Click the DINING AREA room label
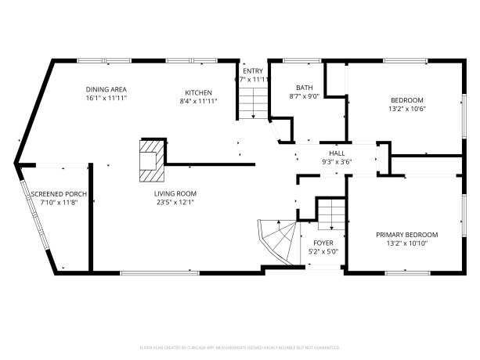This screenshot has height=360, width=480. click(x=106, y=89)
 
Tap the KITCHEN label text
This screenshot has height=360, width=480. click(x=198, y=91)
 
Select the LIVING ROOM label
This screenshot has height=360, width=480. click(x=175, y=193)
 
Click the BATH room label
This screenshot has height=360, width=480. click(x=304, y=88)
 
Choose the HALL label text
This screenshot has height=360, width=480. click(x=337, y=153)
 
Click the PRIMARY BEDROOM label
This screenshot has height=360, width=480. click(x=406, y=235)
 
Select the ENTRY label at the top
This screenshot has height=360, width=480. click(x=253, y=70)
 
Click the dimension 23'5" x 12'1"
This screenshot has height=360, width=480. click(x=175, y=202)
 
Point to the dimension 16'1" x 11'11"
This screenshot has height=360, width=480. click(x=106, y=99)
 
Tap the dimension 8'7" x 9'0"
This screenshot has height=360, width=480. click(x=304, y=96)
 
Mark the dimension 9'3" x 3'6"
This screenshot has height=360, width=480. click(x=337, y=162)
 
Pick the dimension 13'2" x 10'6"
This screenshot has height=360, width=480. click(x=406, y=109)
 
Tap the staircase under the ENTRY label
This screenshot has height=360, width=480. click(x=252, y=103)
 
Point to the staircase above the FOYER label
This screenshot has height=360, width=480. click(x=330, y=213)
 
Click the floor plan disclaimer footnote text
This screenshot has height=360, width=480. click(x=240, y=346)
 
